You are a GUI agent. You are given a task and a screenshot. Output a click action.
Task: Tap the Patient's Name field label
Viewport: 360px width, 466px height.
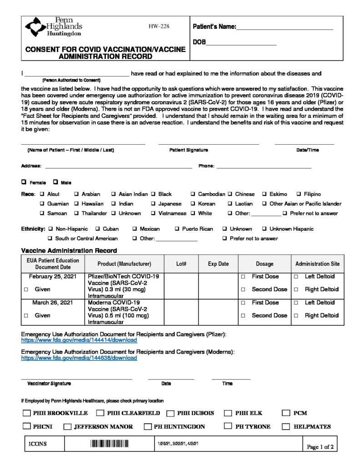pyautogui.click(x=214, y=27)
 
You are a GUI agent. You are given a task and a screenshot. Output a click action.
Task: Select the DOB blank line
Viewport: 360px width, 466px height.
pyautogui.click(x=241, y=44)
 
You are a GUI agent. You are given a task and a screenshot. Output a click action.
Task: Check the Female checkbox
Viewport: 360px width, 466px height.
pyautogui.click(x=24, y=182)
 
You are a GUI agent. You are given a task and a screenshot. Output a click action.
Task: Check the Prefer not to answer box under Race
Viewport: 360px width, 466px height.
pyautogui.click(x=284, y=213)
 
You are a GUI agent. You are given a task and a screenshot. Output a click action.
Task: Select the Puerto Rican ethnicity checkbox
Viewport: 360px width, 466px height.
pyautogui.click(x=177, y=229)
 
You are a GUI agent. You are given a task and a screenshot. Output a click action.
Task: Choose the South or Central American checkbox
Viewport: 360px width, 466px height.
pyautogui.click(x=50, y=238)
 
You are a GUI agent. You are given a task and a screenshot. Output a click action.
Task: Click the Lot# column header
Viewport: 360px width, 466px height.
pyautogui.click(x=181, y=264)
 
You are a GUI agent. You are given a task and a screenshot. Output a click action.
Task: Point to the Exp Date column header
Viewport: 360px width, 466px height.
pyautogui.click(x=218, y=264)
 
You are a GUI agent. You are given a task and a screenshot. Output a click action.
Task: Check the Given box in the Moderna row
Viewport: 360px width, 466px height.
pyautogui.click(x=26, y=315)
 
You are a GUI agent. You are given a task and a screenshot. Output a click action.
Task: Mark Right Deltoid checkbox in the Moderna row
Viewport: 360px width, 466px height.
pyautogui.click(x=296, y=315)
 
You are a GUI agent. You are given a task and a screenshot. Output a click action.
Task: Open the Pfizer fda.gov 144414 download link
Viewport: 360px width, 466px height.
pyautogui.click(x=79, y=340)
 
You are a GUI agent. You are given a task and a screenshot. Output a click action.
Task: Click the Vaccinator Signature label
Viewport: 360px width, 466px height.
pyautogui.click(x=49, y=384)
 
